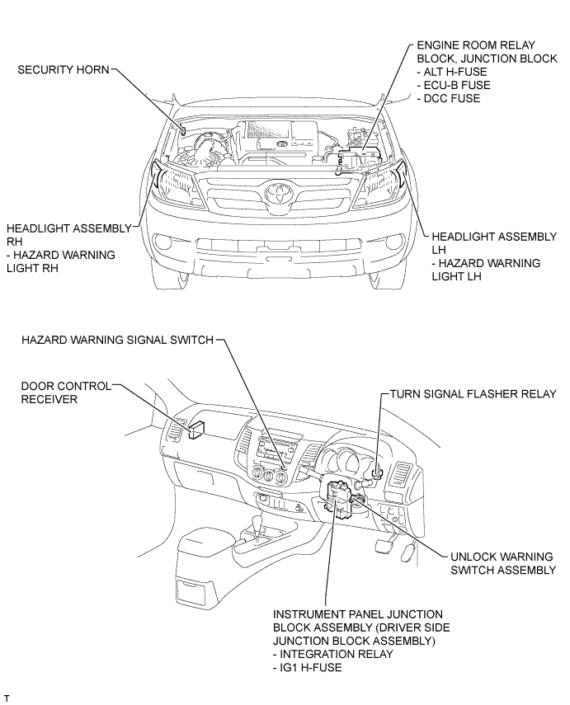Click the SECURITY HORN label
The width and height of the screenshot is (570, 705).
point(64,70)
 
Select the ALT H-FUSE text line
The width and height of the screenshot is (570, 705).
point(452,72)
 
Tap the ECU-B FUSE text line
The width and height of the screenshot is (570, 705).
point(454,86)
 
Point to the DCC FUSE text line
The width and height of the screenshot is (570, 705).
point(449,98)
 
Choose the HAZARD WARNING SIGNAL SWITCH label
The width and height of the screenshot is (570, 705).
point(117,340)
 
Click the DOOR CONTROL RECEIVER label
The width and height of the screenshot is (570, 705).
point(66,392)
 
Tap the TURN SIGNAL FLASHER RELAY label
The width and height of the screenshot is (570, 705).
point(473,394)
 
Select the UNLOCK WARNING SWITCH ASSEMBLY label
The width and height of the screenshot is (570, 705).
point(503,563)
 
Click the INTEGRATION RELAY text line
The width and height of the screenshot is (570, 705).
point(333,654)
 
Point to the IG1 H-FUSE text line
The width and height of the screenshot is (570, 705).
point(307,668)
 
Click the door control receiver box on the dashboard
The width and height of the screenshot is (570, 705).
point(197,430)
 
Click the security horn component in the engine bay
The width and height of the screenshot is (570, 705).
point(184,130)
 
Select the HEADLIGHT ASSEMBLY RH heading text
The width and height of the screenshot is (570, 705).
point(68,235)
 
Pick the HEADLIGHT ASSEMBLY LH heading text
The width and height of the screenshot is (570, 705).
point(494,243)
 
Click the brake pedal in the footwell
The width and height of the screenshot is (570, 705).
point(383,544)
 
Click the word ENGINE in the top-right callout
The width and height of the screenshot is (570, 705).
point(439,45)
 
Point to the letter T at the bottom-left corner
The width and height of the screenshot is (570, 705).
point(7,698)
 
